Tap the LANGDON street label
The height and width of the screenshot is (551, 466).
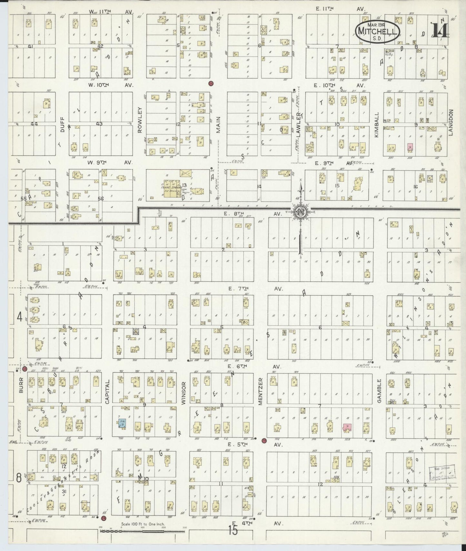[x=451, y=122]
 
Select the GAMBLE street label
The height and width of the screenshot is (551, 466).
[x=379, y=391]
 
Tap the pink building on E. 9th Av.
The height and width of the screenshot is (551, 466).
[x=410, y=147]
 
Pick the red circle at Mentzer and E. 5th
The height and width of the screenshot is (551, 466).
[x=264, y=440]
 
